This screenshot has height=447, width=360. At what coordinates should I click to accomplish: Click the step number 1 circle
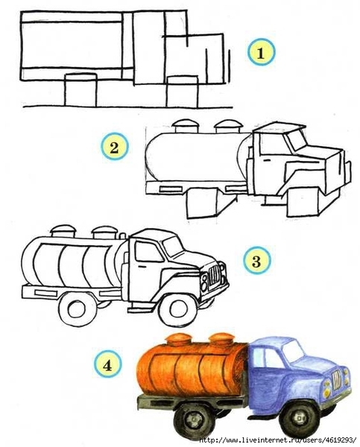(x=261, y=52)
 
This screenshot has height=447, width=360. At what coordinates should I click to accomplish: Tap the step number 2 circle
(x=114, y=147)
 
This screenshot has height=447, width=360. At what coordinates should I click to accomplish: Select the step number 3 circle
(x=256, y=260)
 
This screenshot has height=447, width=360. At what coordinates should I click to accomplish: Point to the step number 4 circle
(x=107, y=364)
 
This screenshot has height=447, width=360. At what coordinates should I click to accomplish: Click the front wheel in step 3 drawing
(x=178, y=310)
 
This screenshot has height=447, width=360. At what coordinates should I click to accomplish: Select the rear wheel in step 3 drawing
(x=77, y=309)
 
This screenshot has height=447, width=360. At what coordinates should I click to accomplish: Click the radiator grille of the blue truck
(x=337, y=379)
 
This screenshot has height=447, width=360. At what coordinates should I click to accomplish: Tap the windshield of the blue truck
(x=293, y=350)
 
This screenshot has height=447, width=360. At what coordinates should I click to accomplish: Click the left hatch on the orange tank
(x=179, y=339)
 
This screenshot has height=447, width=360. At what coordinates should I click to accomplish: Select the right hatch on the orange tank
(x=222, y=339)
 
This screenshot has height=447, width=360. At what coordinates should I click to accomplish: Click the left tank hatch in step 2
(x=185, y=126)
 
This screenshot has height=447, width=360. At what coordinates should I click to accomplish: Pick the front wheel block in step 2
(x=303, y=202)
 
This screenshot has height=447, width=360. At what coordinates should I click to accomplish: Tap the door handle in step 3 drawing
(x=141, y=267)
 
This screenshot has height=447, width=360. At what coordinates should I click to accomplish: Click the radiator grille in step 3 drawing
(x=215, y=275)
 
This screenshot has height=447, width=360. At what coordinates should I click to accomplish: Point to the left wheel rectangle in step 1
(x=80, y=90)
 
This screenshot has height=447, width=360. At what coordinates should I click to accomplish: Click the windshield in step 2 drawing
(x=296, y=140)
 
